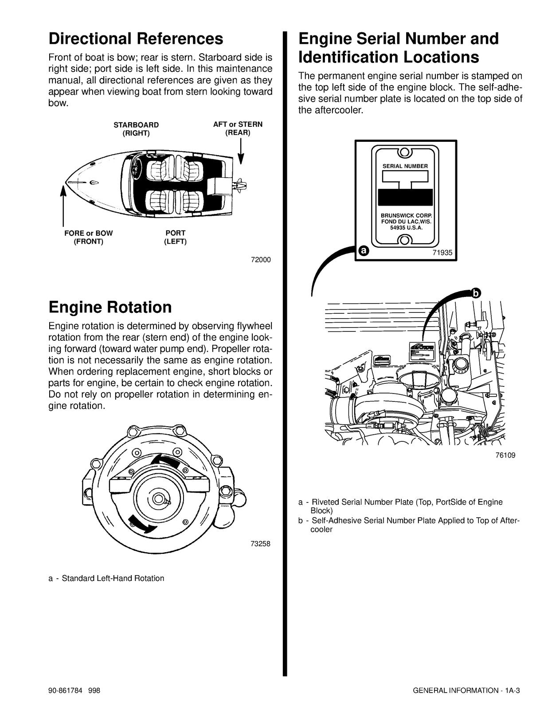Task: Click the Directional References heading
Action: [136, 39]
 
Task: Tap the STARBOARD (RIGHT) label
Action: [136, 129]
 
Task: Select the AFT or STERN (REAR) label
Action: [238, 129]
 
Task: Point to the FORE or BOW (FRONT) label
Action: [89, 237]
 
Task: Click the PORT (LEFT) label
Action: [175, 237]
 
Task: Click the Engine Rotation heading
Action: [110, 307]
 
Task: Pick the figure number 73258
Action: [260, 544]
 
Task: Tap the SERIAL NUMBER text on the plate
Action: [405, 166]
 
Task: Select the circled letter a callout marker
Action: [363, 251]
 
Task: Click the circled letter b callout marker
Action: [475, 292]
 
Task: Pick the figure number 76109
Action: [505, 455]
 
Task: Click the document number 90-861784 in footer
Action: [66, 690]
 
